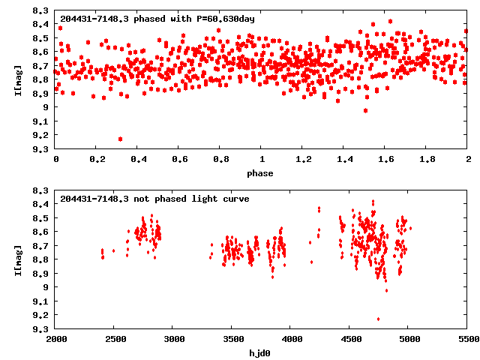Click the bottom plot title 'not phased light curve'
click(x=154, y=199)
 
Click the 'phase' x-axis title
click(x=261, y=173)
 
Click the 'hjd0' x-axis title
click(x=261, y=352)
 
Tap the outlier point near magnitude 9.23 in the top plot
click(x=120, y=139)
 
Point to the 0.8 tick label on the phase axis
click(x=220, y=160)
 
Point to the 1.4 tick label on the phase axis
click(x=343, y=160)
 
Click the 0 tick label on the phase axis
click(x=56, y=160)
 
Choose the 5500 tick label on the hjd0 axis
click(x=466, y=340)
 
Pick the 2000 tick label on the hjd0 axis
click(x=56, y=340)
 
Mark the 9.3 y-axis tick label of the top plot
click(x=43, y=148)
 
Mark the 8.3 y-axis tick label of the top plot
click(x=43, y=11)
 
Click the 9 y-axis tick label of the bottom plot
click(x=48, y=286)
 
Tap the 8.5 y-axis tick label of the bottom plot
click(x=43, y=217)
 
